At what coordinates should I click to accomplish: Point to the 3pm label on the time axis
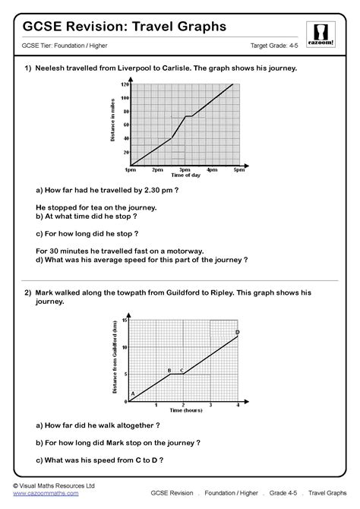pos(185,170)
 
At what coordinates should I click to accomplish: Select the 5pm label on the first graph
pos(239,170)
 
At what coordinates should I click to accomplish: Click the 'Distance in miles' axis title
pos(112,125)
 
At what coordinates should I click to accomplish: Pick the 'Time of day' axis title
pos(185,175)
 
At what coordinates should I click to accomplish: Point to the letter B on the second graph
pos(169,370)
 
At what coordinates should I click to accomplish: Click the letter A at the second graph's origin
pos(133,394)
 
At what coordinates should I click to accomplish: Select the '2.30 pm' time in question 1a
pos(156,191)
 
